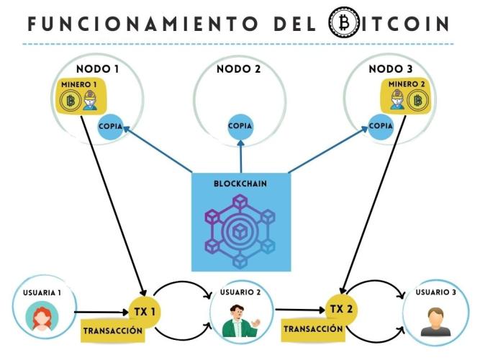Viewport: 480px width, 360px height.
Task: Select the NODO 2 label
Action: tap(240, 70)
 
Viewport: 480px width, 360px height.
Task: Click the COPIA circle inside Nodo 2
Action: tap(240, 126)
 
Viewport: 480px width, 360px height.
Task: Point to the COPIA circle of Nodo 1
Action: tap(111, 125)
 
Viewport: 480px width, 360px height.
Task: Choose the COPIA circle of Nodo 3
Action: tap(381, 125)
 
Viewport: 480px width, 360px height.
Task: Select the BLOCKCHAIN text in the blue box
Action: tap(240, 184)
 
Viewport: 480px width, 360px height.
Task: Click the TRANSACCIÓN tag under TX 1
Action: tap(112, 331)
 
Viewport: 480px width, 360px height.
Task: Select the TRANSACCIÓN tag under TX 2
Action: tap(312, 328)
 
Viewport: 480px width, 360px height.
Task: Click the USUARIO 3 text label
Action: tap(436, 293)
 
